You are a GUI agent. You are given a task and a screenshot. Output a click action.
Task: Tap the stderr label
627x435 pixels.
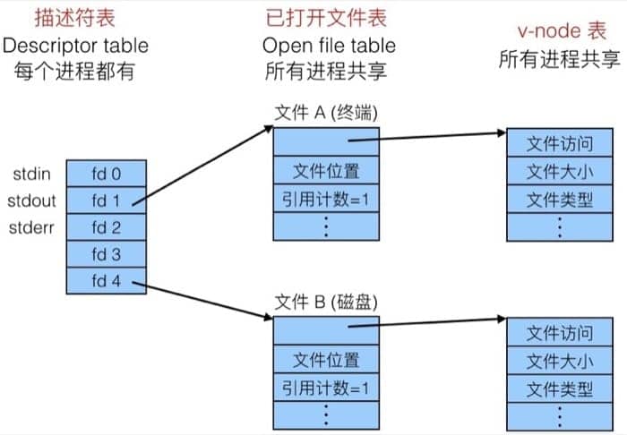point(33,226)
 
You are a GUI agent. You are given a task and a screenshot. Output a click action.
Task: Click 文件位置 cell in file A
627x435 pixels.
point(326,170)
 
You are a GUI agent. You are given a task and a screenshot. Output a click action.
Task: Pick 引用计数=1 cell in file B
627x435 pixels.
point(326,388)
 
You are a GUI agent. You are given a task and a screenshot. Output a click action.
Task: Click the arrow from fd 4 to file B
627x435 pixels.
point(205,301)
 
